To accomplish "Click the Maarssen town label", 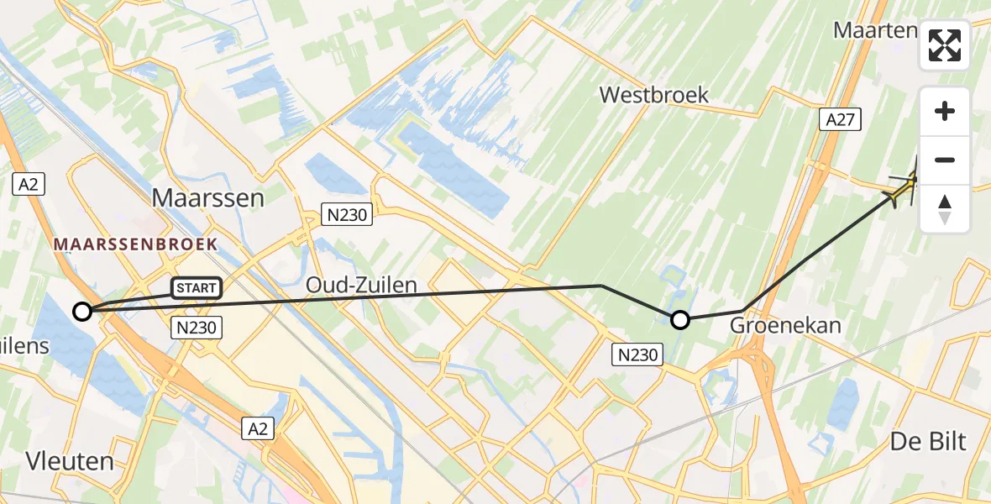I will tap(207, 198).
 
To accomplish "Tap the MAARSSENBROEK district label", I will tap(135, 244).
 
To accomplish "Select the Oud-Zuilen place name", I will tap(361, 286).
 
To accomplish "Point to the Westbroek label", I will tap(654, 95).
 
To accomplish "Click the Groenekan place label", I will tap(786, 325).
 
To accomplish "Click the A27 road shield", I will tap(839, 120).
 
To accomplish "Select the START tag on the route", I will tap(197, 288).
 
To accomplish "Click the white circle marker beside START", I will tap(82, 312).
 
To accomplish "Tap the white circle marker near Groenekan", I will tap(680, 319).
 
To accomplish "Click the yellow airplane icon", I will tap(905, 186).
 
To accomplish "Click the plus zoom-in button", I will tap(945, 111).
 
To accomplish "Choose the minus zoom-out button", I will tap(945, 160).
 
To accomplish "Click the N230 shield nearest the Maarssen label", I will tap(347, 216).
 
